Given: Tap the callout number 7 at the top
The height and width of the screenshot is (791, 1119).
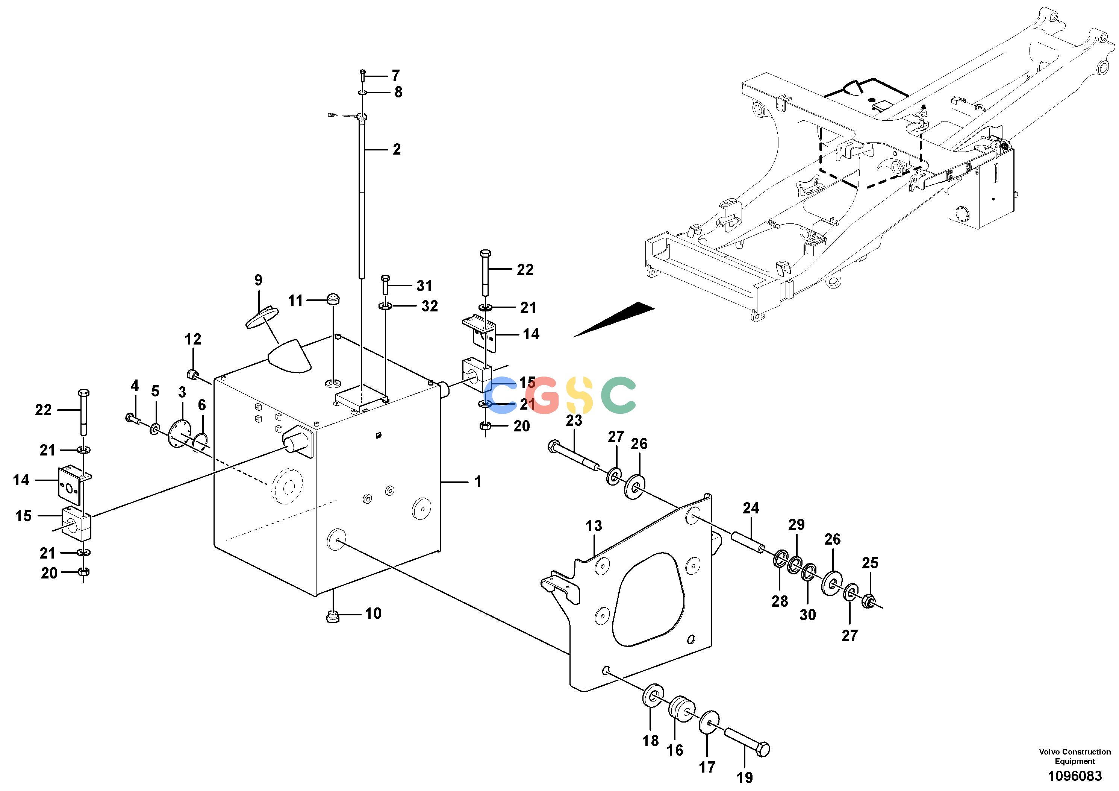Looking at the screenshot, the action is point(396,76).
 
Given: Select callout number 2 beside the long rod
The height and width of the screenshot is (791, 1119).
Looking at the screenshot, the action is point(397,149).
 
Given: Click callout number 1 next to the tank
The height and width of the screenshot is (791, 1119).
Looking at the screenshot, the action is point(478,482).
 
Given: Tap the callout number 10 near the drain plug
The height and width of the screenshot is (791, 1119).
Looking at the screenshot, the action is point(373,613).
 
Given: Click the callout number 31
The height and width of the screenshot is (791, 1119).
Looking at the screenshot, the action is point(424,286).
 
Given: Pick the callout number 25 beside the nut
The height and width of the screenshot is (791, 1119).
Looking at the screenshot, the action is point(870,563).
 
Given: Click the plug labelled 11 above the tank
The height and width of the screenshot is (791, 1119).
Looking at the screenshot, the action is point(333,298).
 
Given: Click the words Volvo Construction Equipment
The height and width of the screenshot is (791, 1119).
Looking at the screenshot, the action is point(1075,756).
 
